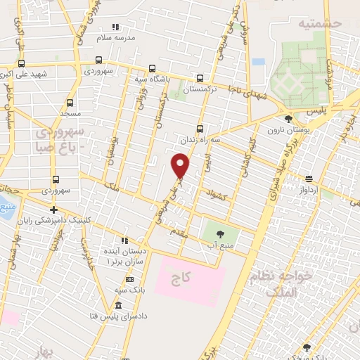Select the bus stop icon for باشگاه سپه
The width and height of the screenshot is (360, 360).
(x=152, y=69)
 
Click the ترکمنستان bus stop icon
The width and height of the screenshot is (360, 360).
(x=200, y=79)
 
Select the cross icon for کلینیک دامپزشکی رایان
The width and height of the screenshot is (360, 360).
(x=53, y=210)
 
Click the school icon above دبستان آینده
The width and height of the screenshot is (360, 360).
(x=124, y=240)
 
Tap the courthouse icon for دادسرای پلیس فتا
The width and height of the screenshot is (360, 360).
(x=117, y=306)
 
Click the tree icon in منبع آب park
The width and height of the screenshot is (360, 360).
(x=220, y=234)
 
